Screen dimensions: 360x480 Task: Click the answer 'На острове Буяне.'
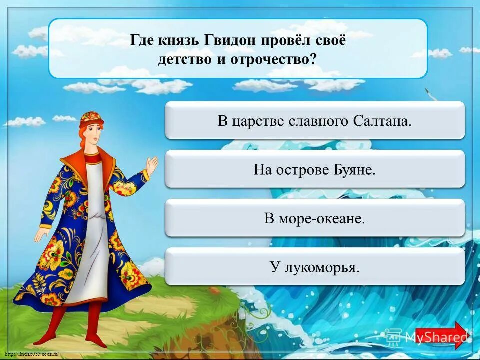tap(314, 170)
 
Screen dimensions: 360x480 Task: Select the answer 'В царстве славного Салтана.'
tap(314, 121)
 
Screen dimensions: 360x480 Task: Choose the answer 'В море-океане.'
tap(314, 218)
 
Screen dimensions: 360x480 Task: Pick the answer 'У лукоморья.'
tap(314, 267)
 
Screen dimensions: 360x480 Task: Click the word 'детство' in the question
tap(180, 58)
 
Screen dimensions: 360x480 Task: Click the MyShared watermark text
tap(436, 337)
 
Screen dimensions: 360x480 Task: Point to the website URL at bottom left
tap(30, 354)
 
